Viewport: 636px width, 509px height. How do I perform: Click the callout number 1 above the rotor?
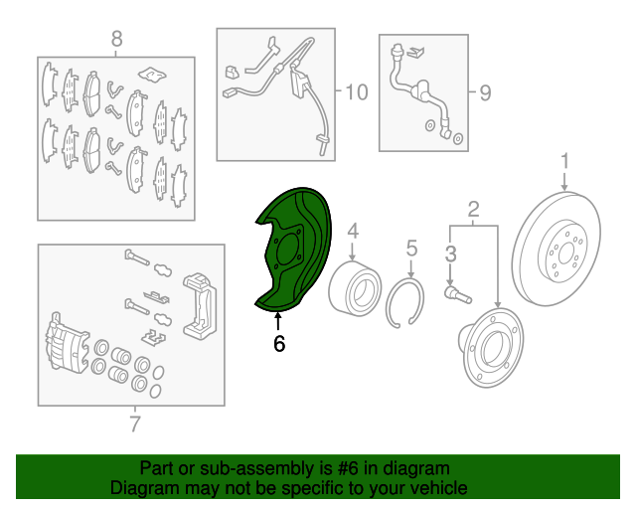tap(564, 162)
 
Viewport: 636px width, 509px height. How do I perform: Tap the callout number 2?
tap(473, 209)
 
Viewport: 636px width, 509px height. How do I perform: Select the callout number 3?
tap(450, 254)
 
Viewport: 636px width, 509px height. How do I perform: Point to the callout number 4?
tap(353, 231)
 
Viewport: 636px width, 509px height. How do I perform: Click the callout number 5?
tap(411, 248)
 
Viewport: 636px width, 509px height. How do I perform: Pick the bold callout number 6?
tap(279, 344)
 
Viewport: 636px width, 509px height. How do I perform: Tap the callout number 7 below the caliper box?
tap(135, 424)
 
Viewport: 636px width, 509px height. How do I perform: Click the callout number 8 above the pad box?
tap(116, 39)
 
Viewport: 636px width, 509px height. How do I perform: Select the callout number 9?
tap(485, 92)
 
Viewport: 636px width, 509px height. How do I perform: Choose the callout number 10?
tap(357, 92)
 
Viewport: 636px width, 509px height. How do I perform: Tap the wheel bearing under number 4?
tap(355, 288)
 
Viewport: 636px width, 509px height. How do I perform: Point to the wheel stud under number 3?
tap(458, 294)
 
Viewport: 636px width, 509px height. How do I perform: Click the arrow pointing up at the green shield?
tap(278, 321)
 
